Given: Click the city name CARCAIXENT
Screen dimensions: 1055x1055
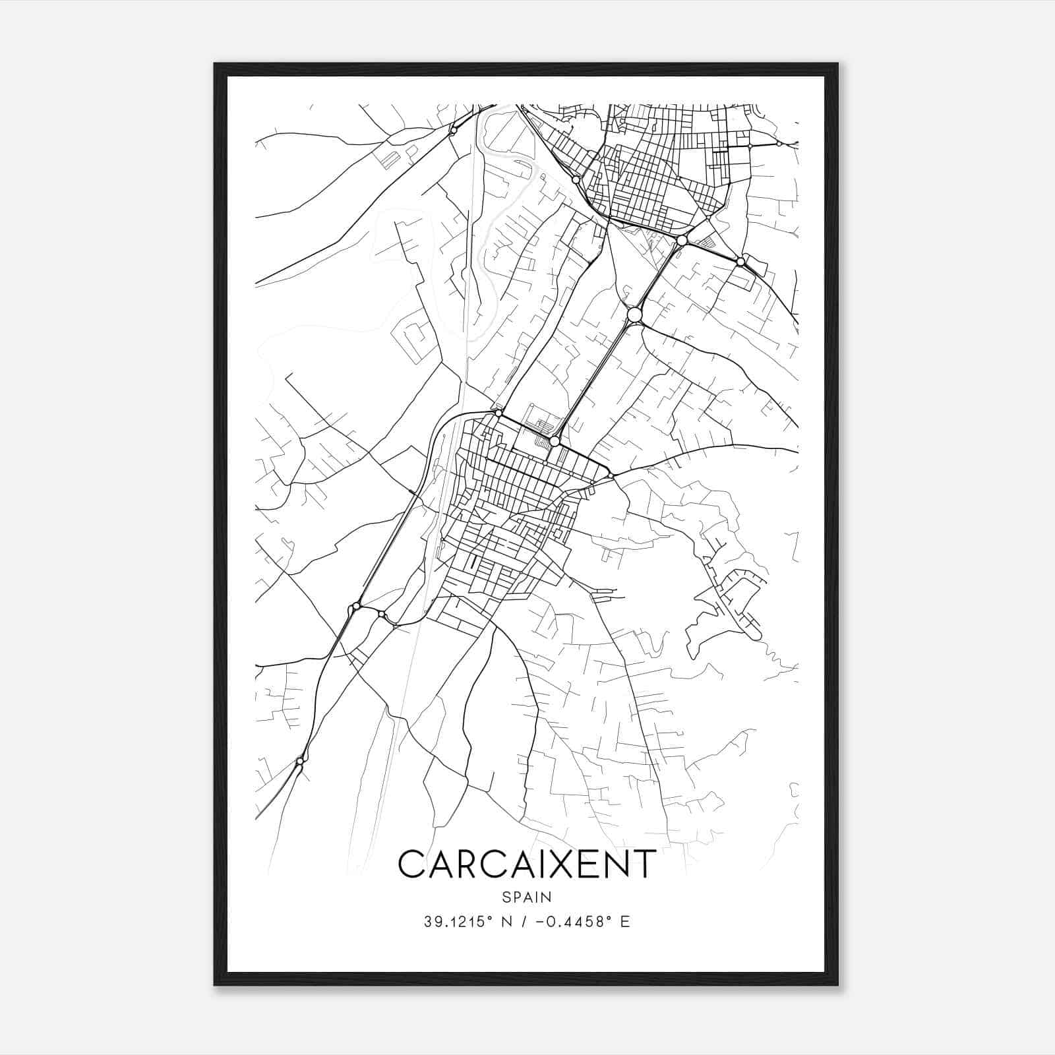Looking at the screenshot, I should (527, 864).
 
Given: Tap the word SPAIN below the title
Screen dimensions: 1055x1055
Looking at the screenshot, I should (527, 897).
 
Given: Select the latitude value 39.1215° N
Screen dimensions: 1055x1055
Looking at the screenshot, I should (462, 922).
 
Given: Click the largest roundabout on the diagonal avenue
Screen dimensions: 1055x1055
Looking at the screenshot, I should (634, 315).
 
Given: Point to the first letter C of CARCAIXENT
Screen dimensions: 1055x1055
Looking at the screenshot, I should (412, 864).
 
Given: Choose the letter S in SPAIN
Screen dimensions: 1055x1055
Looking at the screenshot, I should (506, 897).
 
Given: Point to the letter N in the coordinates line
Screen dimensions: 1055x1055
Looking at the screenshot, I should (506, 922).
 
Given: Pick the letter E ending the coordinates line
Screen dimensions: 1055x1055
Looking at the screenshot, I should (626, 922).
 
